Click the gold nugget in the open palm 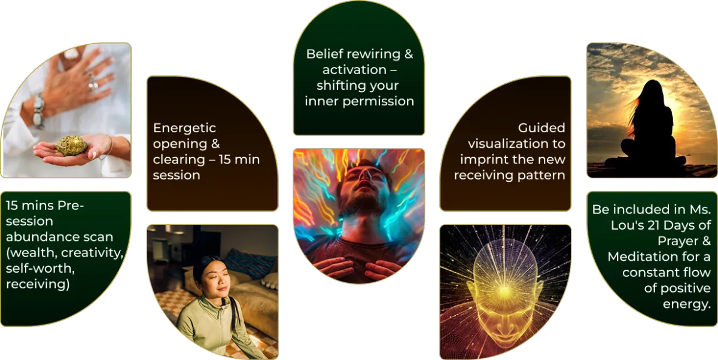point(71,146)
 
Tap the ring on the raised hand point(93,84)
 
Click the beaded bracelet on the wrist point(38,111)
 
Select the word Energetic point(184,128)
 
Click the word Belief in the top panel point(325,54)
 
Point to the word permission point(378,102)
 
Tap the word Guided point(541,128)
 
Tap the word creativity point(92,253)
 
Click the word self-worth point(40,269)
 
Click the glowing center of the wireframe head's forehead point(504,291)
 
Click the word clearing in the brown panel point(178,160)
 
